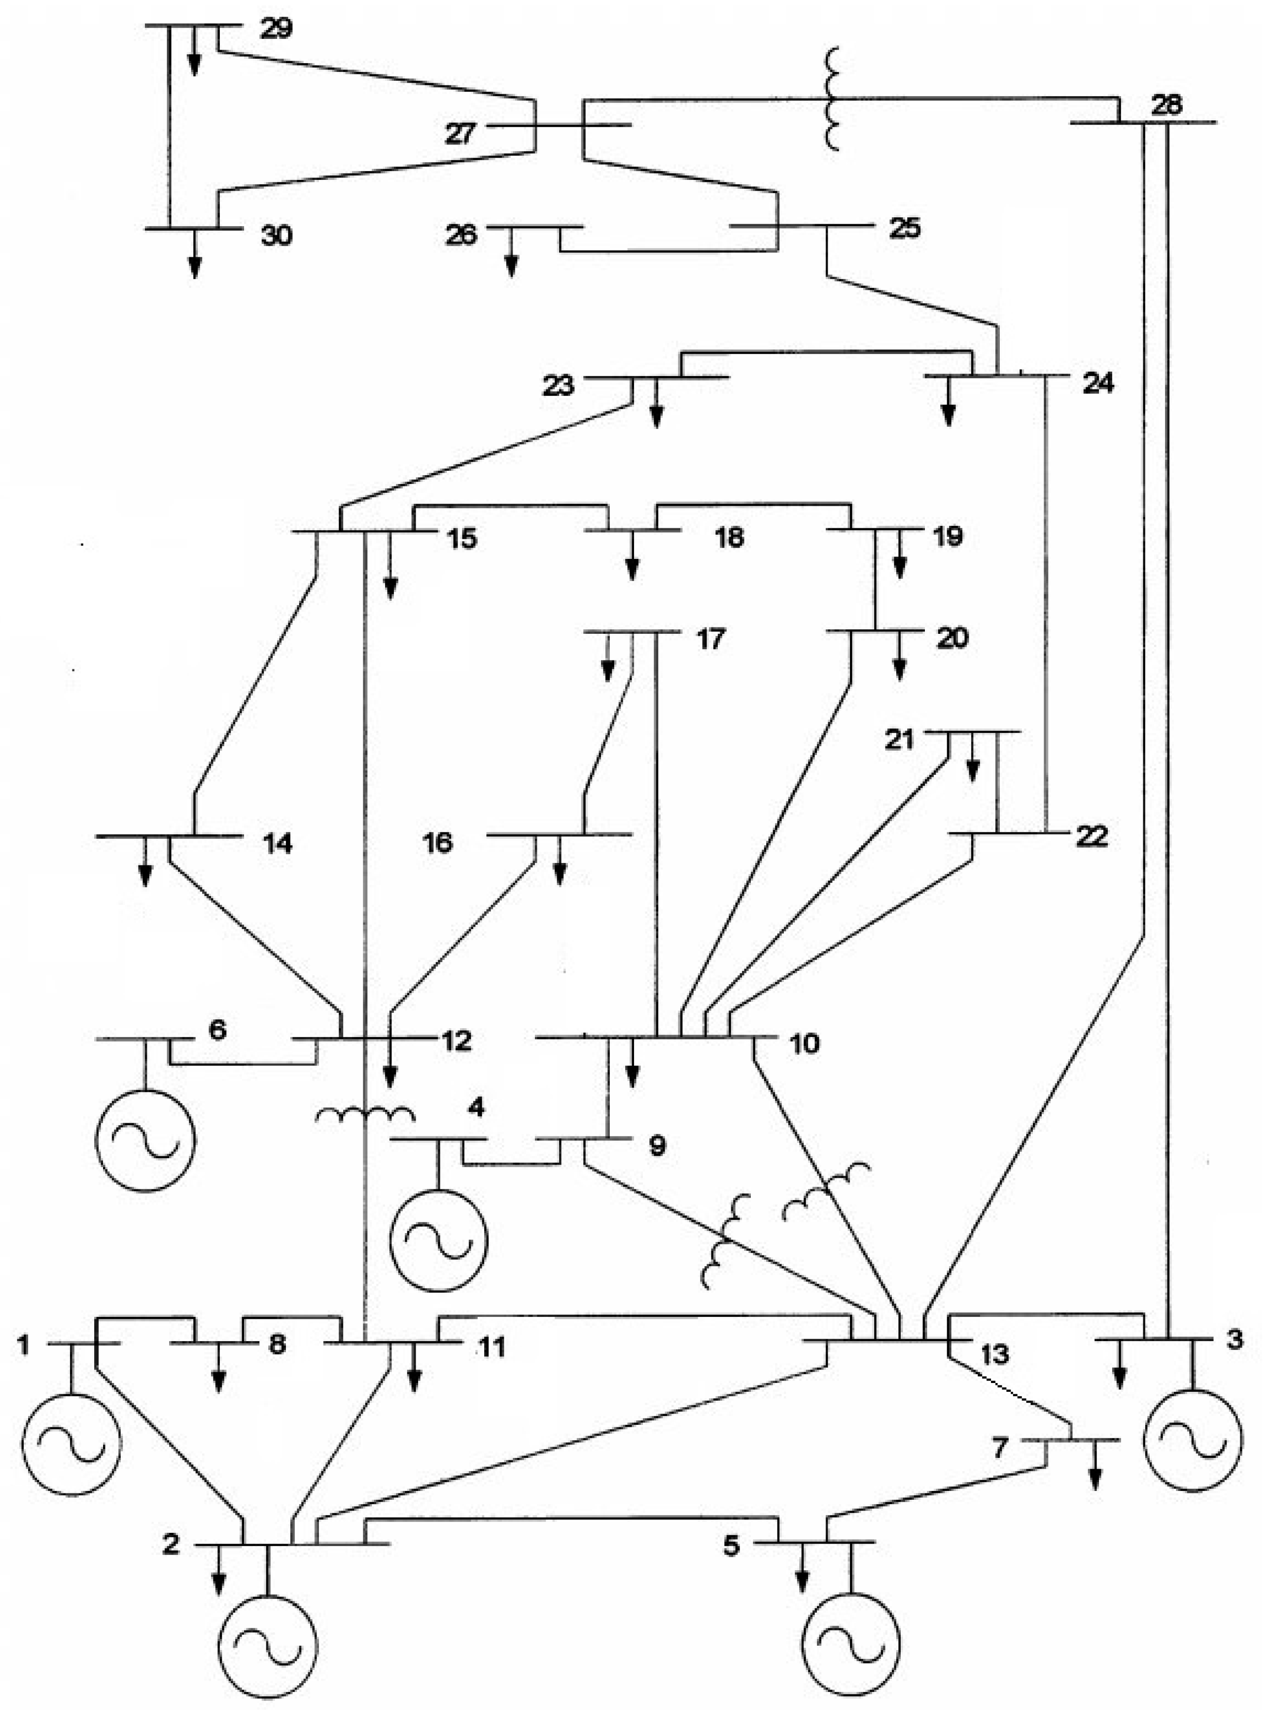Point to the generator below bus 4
click(439, 1240)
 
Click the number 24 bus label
click(1098, 383)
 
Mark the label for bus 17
click(711, 639)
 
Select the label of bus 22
click(1092, 837)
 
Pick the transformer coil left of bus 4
click(365, 1114)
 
